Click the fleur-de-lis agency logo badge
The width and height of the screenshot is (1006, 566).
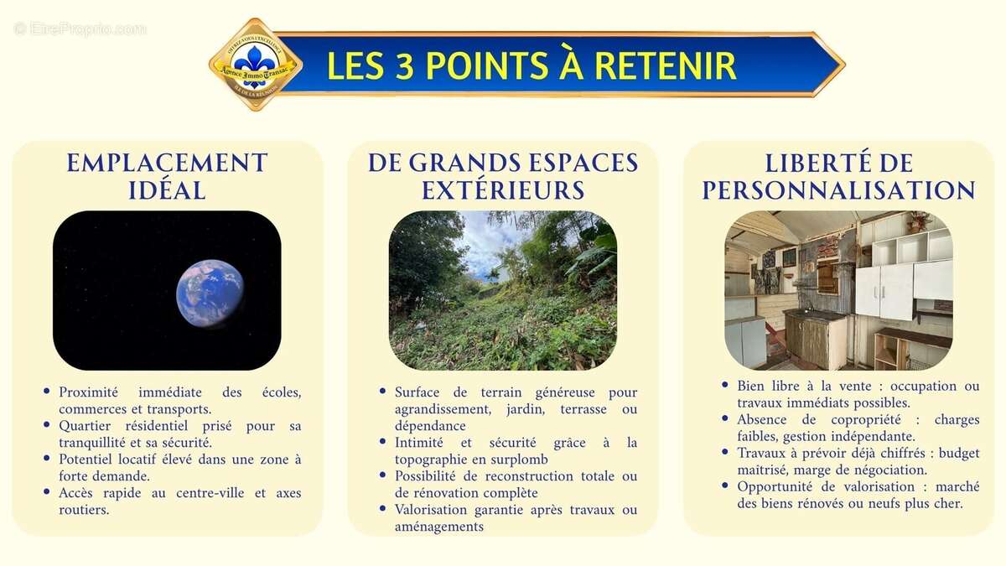pos(255,65)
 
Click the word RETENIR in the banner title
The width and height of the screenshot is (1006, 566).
pos(669,65)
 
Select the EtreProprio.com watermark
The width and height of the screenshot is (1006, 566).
pos(80,29)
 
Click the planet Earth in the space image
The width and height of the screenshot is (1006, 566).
pos(209,293)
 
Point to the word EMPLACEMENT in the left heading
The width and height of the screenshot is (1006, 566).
pos(167,163)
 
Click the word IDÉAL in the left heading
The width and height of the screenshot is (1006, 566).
pos(167,190)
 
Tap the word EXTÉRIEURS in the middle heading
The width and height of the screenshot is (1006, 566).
pos(503,190)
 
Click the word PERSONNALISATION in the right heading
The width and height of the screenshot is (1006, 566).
pos(838,190)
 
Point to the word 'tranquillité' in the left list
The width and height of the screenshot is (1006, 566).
pos(95,443)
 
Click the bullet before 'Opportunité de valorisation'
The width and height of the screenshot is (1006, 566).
pos(725,486)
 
